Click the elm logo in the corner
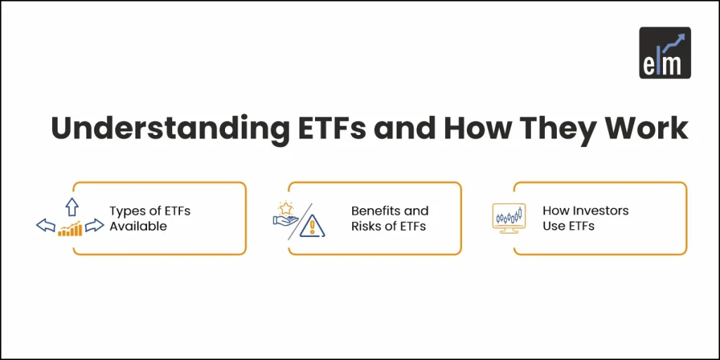coord(664,52)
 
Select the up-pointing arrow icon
coord(71,206)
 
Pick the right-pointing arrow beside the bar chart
coord(94,226)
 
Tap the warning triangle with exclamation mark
coord(311,226)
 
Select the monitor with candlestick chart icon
coord(508,218)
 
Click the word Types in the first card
coord(124,210)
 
